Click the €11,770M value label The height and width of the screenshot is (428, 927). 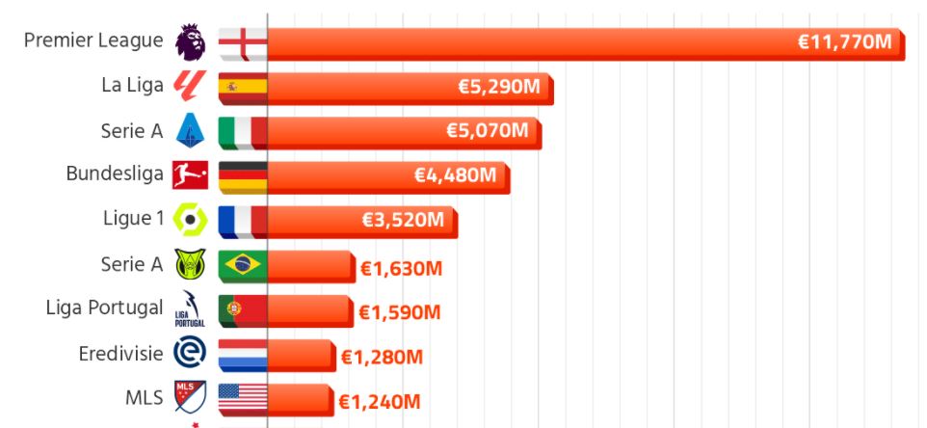point(845,42)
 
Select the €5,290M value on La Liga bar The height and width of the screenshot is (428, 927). point(498,87)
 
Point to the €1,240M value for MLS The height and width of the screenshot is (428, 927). point(379,401)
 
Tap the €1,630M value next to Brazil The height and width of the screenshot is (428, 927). point(401,268)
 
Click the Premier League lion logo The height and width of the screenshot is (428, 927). point(190,40)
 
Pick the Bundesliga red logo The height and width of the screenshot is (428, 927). point(190,174)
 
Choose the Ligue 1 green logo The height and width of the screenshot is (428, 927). point(190,220)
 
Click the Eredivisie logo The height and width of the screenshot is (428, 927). point(190,354)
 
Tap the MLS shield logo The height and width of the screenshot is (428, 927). point(190,397)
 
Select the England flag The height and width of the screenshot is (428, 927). point(242,42)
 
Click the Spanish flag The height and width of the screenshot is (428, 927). point(242,87)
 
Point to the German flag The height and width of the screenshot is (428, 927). point(242,176)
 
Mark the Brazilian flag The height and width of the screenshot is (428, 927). point(242,265)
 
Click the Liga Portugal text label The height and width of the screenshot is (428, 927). point(104,308)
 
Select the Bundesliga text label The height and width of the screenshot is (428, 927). point(115,174)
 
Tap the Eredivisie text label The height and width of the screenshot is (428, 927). point(121,354)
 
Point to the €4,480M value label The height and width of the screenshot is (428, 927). point(455,175)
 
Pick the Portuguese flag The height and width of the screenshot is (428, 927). point(242,309)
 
